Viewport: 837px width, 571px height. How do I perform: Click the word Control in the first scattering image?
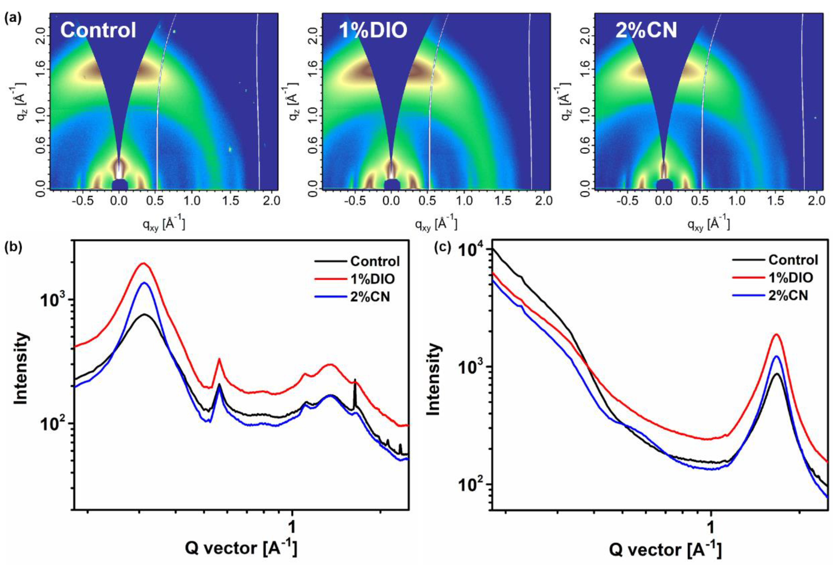(x=98, y=30)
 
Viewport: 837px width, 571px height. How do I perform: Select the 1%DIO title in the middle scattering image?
(x=373, y=30)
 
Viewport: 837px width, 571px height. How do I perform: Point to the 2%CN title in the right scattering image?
(x=646, y=30)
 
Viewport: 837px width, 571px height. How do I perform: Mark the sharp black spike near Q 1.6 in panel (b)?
(x=355, y=380)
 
